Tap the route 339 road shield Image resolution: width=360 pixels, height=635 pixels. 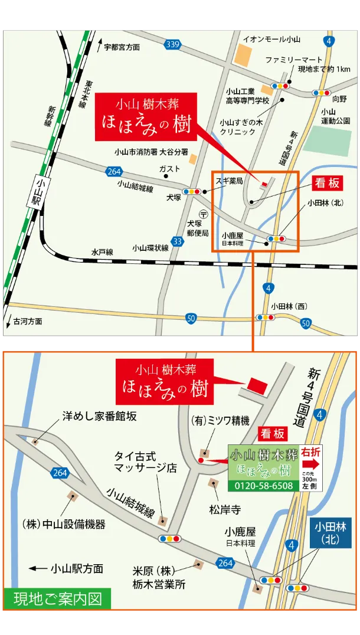click(172, 44)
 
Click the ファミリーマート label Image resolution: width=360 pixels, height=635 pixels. click(293, 60)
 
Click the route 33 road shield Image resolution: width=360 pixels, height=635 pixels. click(178, 241)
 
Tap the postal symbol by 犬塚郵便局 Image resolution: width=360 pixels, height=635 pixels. click(204, 214)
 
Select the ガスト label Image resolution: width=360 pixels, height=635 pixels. click(169, 169)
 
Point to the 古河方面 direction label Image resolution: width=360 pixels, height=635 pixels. click(27, 322)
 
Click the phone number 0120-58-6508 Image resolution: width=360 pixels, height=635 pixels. click(264, 485)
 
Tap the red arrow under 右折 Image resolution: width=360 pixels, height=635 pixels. click(311, 464)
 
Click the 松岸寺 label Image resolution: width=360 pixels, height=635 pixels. click(225, 509)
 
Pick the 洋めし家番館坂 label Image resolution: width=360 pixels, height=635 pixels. click(99, 416)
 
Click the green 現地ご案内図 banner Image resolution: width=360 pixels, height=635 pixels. click(57, 598)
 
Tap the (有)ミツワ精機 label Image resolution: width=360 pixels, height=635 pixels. click(220, 421)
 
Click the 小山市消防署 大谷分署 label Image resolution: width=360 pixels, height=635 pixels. click(151, 152)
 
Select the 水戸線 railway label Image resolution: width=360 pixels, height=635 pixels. click(102, 251)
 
